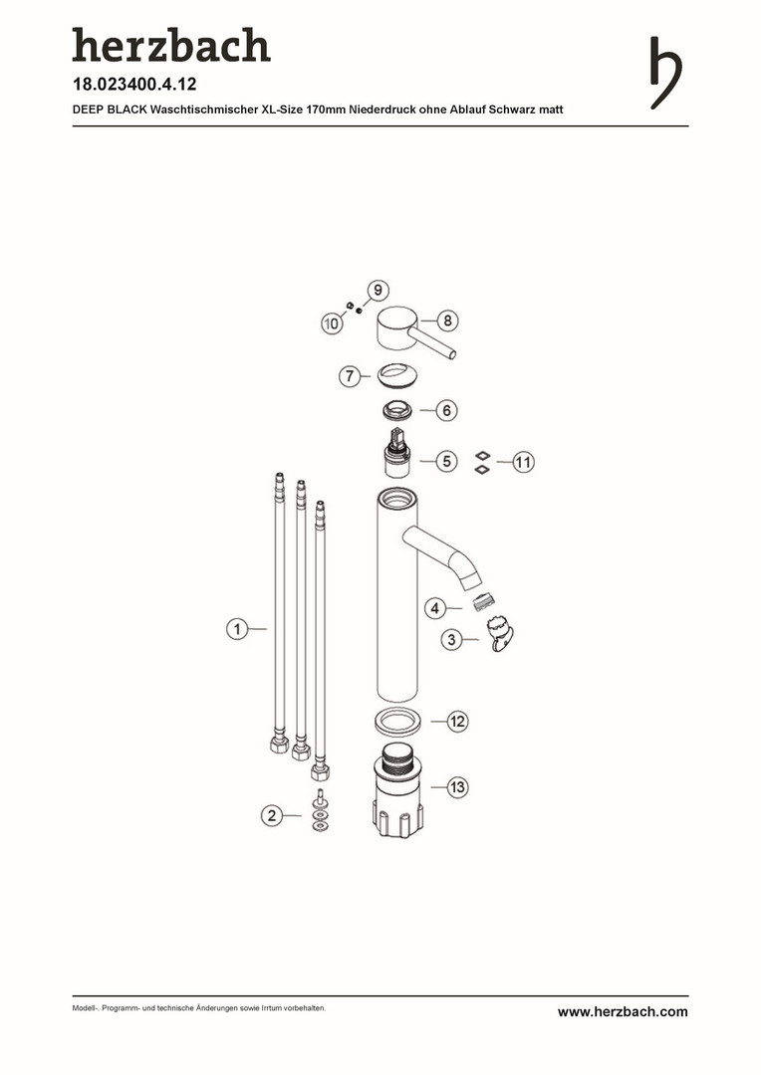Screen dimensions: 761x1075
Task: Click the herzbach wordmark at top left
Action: (171, 45)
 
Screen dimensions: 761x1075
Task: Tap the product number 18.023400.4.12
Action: (134, 85)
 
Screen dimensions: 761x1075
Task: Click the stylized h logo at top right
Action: (665, 73)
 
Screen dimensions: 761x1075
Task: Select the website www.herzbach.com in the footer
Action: (623, 1011)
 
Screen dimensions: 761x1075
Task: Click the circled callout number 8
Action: (447, 321)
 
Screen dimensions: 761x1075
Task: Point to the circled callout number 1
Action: (237, 629)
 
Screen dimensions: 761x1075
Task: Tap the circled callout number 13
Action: (458, 787)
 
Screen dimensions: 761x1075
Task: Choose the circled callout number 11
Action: (523, 462)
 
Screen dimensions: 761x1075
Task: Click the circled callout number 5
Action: (446, 461)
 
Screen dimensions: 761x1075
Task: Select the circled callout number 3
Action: (451, 640)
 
